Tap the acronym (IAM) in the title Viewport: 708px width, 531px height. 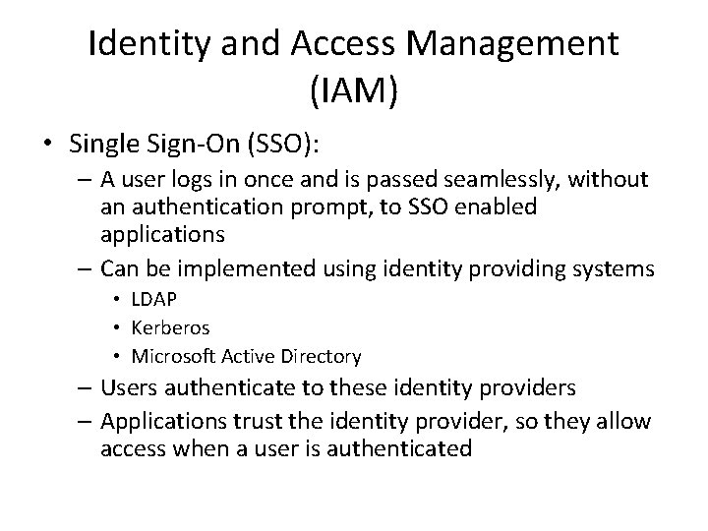click(x=354, y=92)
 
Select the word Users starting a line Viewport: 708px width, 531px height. click(x=125, y=390)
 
